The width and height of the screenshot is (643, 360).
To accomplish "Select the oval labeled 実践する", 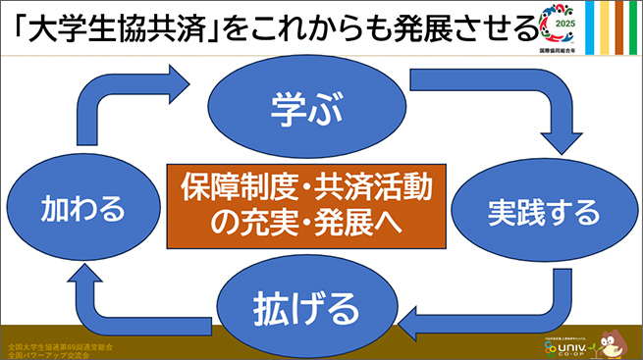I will [529, 210].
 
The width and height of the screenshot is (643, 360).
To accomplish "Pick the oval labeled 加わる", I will [82, 209].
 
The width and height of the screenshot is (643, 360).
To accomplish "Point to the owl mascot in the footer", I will [613, 340].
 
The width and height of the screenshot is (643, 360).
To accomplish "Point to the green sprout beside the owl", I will [593, 345].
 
